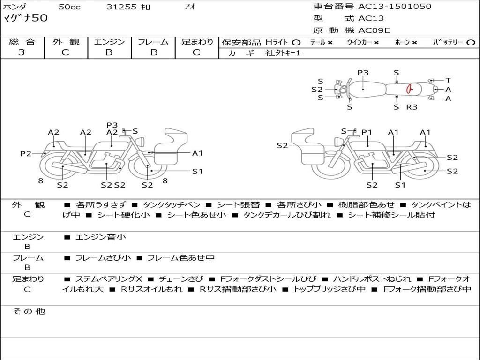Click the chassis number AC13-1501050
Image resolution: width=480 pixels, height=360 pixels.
tap(395, 7)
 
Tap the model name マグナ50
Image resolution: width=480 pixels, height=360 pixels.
tap(25, 18)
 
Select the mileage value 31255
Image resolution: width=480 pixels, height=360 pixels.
tap(121, 7)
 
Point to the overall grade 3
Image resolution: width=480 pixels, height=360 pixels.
tap(22, 52)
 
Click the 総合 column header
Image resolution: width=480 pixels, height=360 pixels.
tap(22, 42)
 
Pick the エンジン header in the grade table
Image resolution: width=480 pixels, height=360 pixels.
tap(109, 42)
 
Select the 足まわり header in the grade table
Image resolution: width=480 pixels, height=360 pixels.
tap(197, 42)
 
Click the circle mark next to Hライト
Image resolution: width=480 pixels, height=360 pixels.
tap(296, 43)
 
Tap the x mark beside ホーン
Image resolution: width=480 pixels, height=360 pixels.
tap(414, 43)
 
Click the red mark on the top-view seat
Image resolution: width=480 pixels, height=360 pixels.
tap(409, 89)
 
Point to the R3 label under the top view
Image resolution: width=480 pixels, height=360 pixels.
tap(412, 107)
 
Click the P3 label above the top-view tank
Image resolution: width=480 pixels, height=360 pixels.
tap(363, 73)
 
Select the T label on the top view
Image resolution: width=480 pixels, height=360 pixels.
tap(448, 80)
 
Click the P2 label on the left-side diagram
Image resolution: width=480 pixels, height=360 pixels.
tap(25, 153)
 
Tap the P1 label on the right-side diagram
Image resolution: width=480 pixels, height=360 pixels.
tap(367, 132)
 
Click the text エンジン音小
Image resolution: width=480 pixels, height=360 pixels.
tap(100, 237)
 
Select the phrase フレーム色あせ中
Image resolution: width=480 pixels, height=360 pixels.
tap(181, 258)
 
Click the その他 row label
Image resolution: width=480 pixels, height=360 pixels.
tap(29, 311)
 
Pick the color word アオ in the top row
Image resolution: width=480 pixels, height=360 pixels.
tap(190, 7)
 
